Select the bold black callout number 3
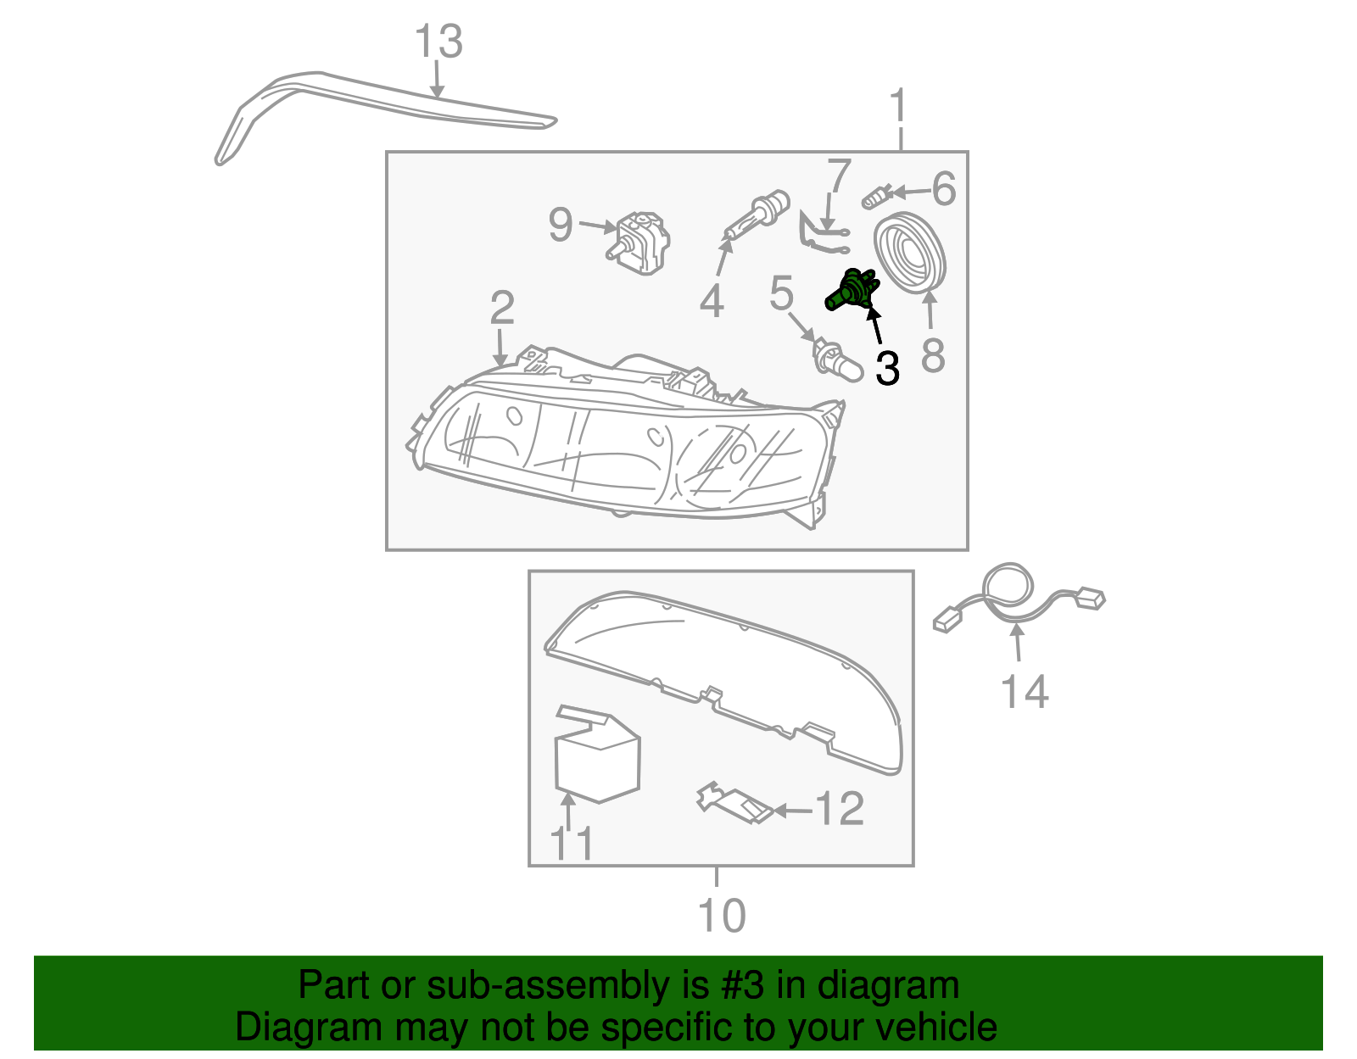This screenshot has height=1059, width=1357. (x=887, y=369)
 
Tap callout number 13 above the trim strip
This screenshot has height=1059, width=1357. (x=438, y=42)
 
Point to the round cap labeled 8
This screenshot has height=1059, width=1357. (x=910, y=254)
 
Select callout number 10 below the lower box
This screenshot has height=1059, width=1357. (x=721, y=916)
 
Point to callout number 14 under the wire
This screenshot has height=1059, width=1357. (x=1025, y=692)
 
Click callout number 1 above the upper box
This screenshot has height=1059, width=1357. (x=898, y=108)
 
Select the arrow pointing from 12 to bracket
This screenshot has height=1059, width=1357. (x=792, y=811)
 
